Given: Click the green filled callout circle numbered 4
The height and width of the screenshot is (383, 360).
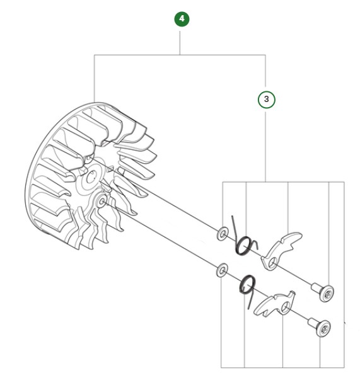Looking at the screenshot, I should [x=182, y=19].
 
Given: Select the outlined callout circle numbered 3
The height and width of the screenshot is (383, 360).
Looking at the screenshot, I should [x=266, y=100].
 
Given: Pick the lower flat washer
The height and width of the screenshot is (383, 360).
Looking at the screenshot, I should [x=221, y=271].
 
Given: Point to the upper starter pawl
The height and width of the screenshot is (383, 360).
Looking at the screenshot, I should [x=278, y=247].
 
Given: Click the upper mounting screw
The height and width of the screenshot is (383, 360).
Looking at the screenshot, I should [x=323, y=291].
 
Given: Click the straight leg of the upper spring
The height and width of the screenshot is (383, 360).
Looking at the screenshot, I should [x=235, y=226].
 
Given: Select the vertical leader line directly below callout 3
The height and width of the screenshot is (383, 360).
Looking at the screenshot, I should [x=266, y=145].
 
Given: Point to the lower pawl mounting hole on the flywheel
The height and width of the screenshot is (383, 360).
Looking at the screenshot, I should [x=102, y=202].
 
